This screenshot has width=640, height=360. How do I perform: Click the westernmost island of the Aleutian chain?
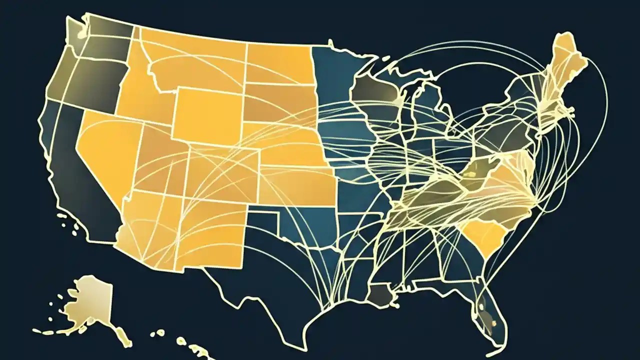[36, 330]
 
